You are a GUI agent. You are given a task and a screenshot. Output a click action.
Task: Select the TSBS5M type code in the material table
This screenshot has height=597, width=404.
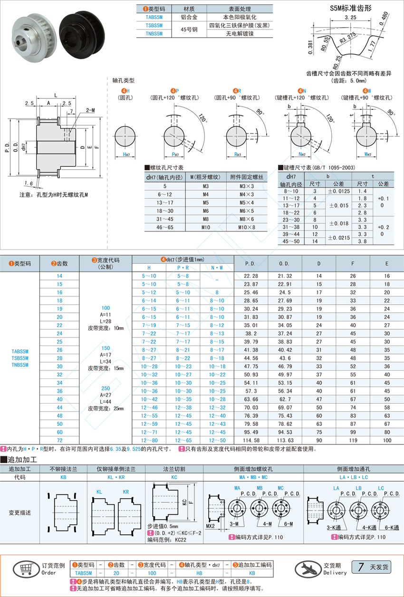154,26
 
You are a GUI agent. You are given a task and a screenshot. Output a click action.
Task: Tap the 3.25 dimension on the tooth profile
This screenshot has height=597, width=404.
350,17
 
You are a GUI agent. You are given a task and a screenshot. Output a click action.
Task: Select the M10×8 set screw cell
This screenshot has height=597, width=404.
247,228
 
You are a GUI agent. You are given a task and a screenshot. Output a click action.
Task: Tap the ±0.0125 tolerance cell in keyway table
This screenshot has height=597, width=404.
339,191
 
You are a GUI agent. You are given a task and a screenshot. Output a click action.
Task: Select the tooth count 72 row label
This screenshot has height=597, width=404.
59,440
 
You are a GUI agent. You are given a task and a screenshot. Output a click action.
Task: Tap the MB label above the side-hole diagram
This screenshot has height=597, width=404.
260,488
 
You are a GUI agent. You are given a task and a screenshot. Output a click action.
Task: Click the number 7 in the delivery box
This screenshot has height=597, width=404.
361,567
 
